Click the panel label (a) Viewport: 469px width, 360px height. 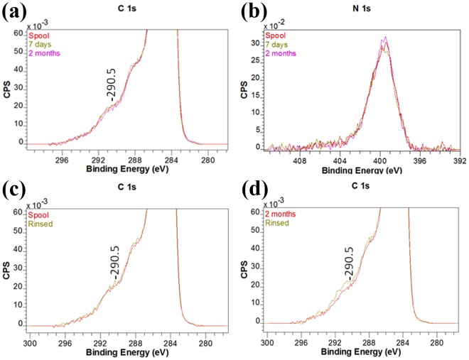[15, 11]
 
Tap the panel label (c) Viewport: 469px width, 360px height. [15, 190]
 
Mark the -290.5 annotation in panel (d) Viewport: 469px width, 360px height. [348, 264]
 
